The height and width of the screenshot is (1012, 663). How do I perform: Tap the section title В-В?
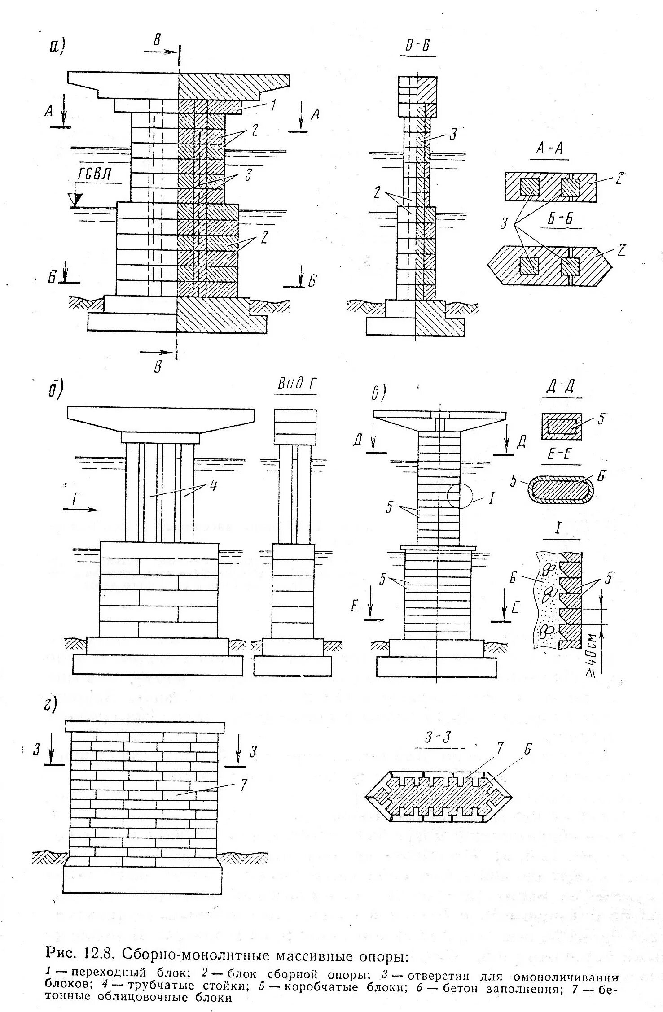[x=417, y=45]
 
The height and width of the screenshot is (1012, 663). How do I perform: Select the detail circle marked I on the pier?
[x=460, y=495]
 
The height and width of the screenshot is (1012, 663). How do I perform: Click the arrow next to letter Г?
[x=85, y=510]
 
